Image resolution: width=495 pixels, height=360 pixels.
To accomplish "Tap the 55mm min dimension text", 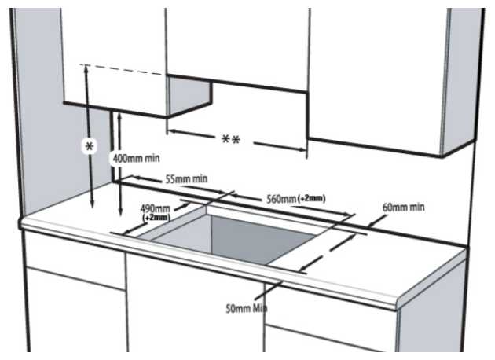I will tap(186, 179).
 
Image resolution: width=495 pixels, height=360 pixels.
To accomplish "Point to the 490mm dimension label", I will tap(156, 208).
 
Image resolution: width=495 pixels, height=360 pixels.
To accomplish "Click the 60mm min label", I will tap(403, 207).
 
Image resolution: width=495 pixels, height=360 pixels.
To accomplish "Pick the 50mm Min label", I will tap(246, 308).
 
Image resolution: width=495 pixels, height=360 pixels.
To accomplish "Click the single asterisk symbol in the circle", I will tap(90, 147).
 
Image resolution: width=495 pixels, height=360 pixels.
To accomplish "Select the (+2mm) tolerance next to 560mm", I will tap(313, 199).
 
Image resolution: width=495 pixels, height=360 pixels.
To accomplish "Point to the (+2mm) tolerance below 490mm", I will tap(156, 217).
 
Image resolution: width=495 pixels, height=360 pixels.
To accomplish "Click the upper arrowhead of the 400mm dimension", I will tap(119, 115).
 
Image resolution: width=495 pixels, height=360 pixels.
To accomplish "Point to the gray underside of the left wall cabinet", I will tap(189, 96).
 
